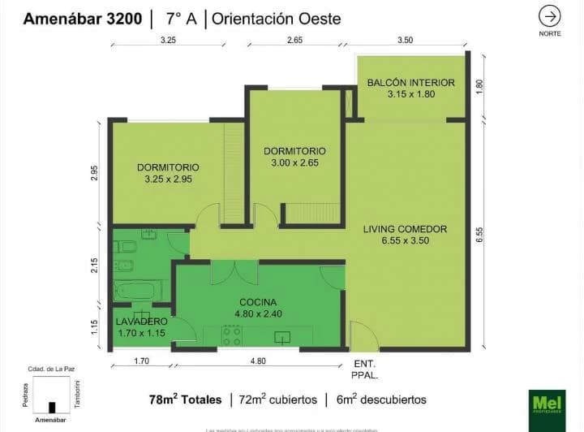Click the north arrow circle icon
tap(549, 16)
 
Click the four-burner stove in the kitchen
tap(232, 335)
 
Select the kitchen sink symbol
tap(282, 336)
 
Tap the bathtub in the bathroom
tap(139, 291)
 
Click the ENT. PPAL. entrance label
tap(365, 369)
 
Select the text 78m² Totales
tap(186, 400)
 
